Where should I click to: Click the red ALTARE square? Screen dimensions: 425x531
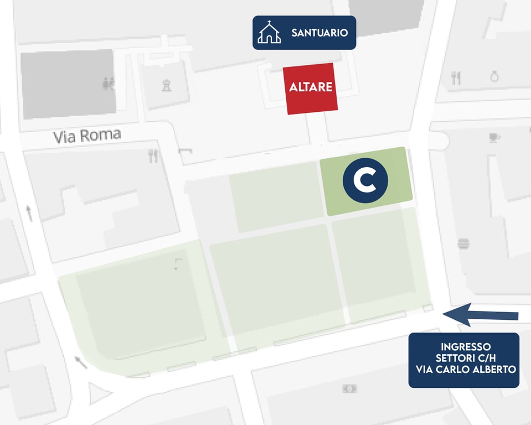tap(311, 89)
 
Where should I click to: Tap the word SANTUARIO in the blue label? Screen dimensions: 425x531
tap(319, 33)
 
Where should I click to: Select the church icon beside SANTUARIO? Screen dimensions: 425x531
tap(269, 32)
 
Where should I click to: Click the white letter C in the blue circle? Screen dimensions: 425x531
tap(365, 180)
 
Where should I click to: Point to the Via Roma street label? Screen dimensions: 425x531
tap(87, 136)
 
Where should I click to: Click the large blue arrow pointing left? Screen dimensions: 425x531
tap(480, 314)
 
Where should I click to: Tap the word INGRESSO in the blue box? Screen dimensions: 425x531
tap(463, 347)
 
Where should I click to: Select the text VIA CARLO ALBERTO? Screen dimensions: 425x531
tap(463, 369)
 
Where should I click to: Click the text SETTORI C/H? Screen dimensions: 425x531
tap(463, 358)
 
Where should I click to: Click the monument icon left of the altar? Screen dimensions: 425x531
tap(166, 85)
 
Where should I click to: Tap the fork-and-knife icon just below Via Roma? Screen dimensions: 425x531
tap(153, 156)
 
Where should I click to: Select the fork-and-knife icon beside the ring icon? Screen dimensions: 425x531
tap(456, 78)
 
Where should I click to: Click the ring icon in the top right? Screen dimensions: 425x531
tap(494, 76)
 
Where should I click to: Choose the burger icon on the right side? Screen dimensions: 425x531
tap(463, 243)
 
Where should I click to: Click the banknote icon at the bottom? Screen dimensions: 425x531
tap(349, 388)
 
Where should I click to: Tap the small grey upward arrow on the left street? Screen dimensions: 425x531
tap(29, 212)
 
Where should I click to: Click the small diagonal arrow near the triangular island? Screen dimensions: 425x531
tap(81, 362)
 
